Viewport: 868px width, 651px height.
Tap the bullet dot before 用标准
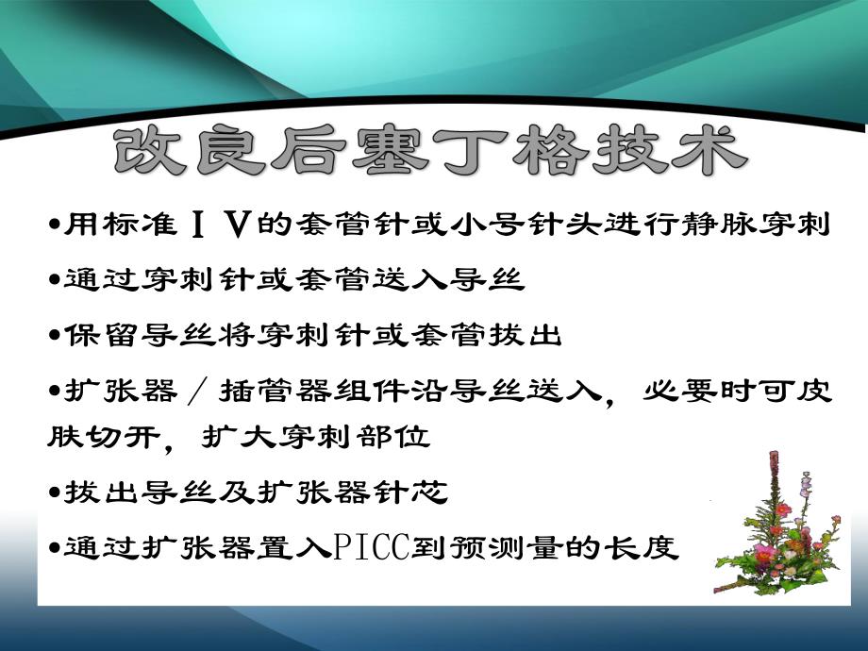tap(54, 227)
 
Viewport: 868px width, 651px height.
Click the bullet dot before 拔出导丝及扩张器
tap(54, 493)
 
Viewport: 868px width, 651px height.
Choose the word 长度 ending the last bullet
tap(651, 548)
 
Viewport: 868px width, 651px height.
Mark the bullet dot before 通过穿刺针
tap(54, 281)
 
